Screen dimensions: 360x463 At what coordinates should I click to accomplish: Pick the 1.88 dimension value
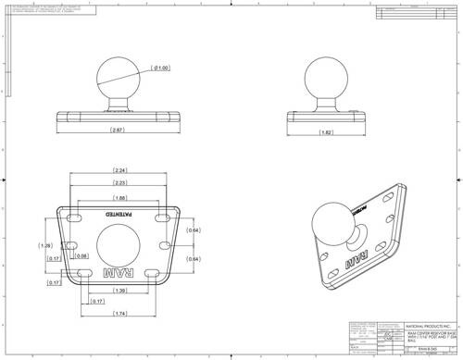click(120, 198)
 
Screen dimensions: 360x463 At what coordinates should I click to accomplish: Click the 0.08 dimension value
click(81, 256)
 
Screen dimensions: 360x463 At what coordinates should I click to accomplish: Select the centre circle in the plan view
click(119, 244)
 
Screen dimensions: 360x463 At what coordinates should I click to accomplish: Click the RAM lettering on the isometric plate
click(357, 262)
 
